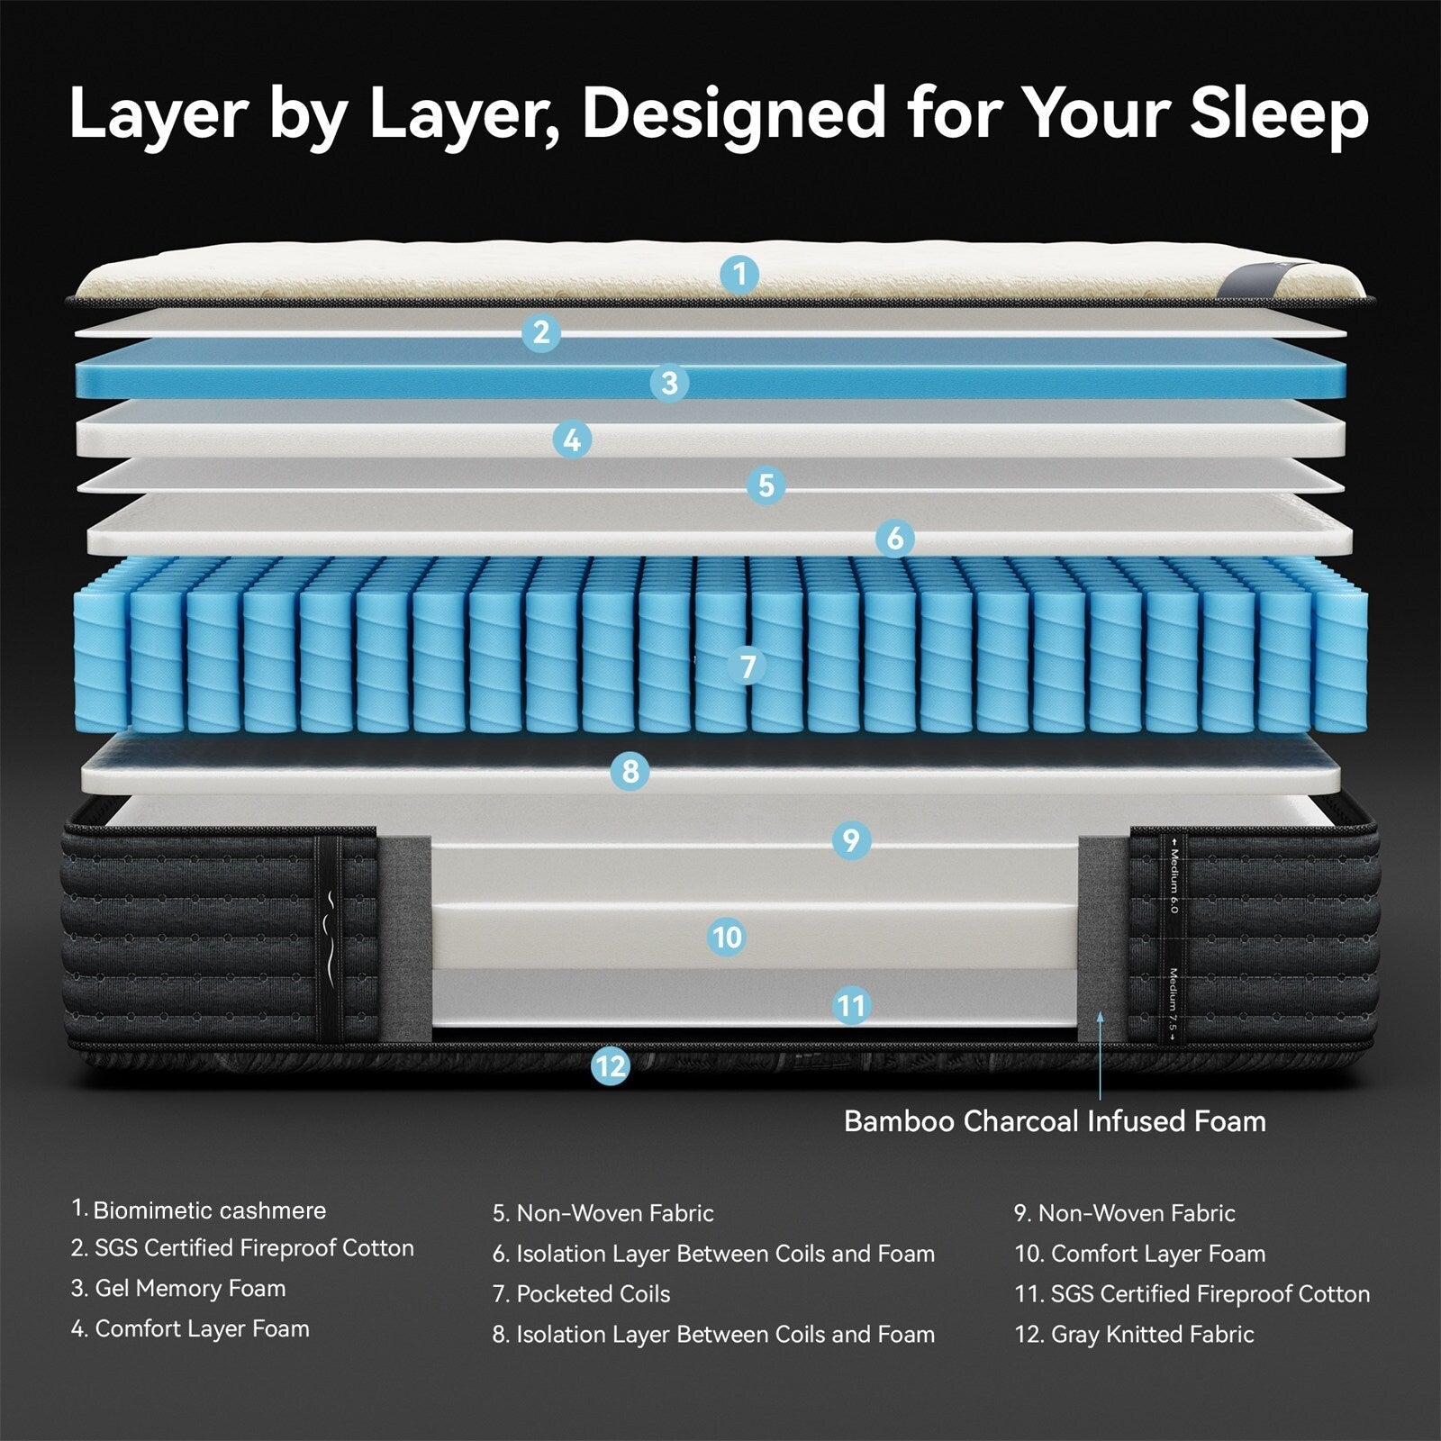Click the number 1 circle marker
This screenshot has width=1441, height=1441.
[739, 273]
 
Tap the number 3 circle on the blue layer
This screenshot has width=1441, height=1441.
[669, 383]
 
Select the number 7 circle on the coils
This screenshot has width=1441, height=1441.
[747, 666]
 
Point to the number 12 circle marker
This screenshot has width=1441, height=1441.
[610, 1066]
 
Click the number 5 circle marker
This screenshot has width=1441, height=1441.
[766, 485]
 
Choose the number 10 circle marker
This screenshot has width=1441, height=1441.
[726, 937]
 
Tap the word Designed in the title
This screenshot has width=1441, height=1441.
[734, 113]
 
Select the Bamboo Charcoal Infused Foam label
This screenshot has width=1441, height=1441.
[1055, 1121]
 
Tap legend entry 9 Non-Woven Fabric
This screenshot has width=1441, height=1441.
[1125, 1213]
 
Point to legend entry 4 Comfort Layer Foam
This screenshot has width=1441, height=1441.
[190, 1328]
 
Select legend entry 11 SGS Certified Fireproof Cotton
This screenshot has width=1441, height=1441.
[1192, 1294]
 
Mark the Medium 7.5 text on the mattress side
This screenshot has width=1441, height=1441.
[1173, 1004]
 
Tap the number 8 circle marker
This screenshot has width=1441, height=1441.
[630, 771]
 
